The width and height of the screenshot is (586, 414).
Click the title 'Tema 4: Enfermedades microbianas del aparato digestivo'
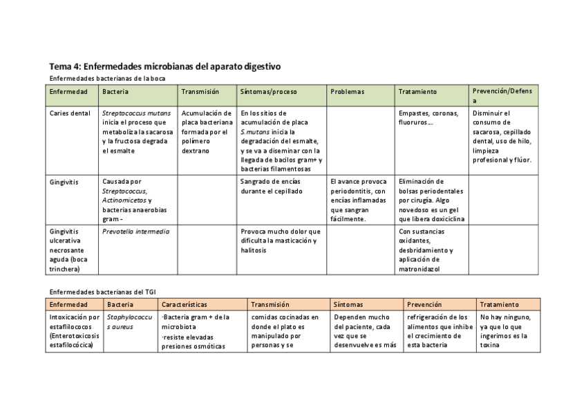tap(164, 67)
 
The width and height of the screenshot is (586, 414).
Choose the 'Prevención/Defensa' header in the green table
tap(504, 95)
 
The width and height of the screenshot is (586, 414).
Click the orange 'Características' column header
tap(185, 304)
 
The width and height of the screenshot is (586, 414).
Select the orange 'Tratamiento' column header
tap(500, 304)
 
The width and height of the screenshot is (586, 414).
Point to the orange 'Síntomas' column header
tap(348, 304)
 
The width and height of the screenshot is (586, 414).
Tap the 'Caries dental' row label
tap(70, 113)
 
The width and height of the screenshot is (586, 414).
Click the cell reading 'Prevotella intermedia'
tap(135, 232)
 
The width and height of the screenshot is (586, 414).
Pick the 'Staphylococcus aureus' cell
tap(129, 321)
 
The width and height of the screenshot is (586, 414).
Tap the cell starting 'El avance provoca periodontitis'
tap(359, 200)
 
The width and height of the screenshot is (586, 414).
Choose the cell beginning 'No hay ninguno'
tap(504, 330)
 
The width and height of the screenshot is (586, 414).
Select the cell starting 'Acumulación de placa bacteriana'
tap(205, 131)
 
